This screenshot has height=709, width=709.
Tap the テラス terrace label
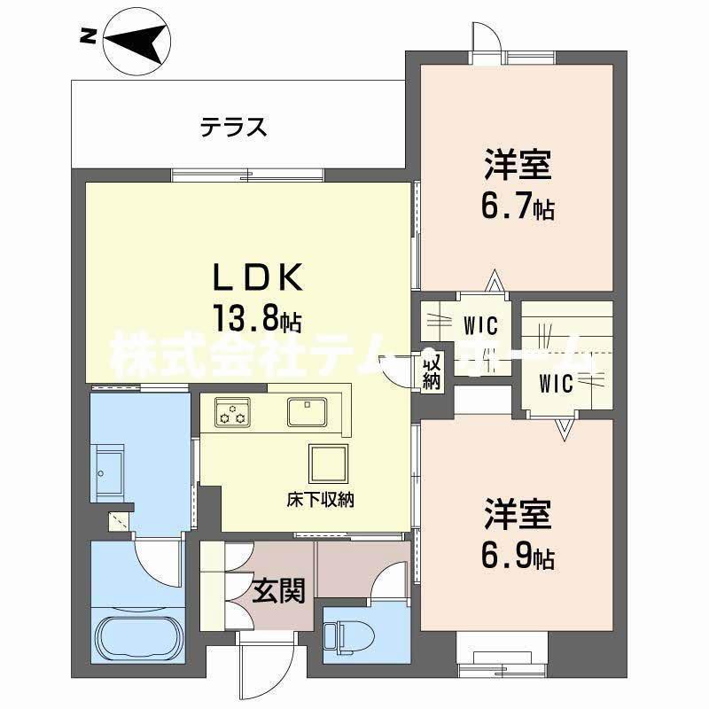tap(232, 128)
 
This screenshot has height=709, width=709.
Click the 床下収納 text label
tap(321, 500)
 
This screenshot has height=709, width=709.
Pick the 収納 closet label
tap(432, 371)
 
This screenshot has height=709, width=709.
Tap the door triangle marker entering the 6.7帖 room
tap(493, 282)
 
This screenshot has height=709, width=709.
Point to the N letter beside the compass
tap(87, 36)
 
